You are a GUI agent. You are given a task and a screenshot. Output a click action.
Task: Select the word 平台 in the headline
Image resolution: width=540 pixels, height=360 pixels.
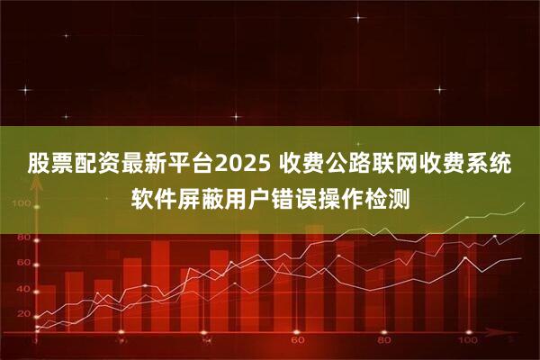pos(192,165)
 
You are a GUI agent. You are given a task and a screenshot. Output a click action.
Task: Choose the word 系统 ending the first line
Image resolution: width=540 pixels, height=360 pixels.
pos(499,165)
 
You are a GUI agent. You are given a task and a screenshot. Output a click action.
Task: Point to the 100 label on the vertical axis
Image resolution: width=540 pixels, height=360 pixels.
pos(21,205)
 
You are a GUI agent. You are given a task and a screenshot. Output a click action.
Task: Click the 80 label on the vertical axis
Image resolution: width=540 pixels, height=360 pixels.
pos(22,237)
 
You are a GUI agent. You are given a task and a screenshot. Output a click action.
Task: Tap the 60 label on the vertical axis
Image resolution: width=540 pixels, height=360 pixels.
pos(22,262)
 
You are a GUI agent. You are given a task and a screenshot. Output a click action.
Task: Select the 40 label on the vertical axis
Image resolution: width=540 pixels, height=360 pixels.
pos(22,288)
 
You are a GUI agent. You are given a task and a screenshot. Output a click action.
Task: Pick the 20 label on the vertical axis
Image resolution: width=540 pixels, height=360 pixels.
pos(22,314)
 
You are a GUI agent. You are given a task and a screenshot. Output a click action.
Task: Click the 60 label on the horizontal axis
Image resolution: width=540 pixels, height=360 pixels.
pos(294,343)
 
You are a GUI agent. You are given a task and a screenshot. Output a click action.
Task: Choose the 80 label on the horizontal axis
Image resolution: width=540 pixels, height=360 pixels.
pos(382,343)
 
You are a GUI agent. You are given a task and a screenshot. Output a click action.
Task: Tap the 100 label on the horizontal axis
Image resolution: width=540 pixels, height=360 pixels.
pos(468,343)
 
